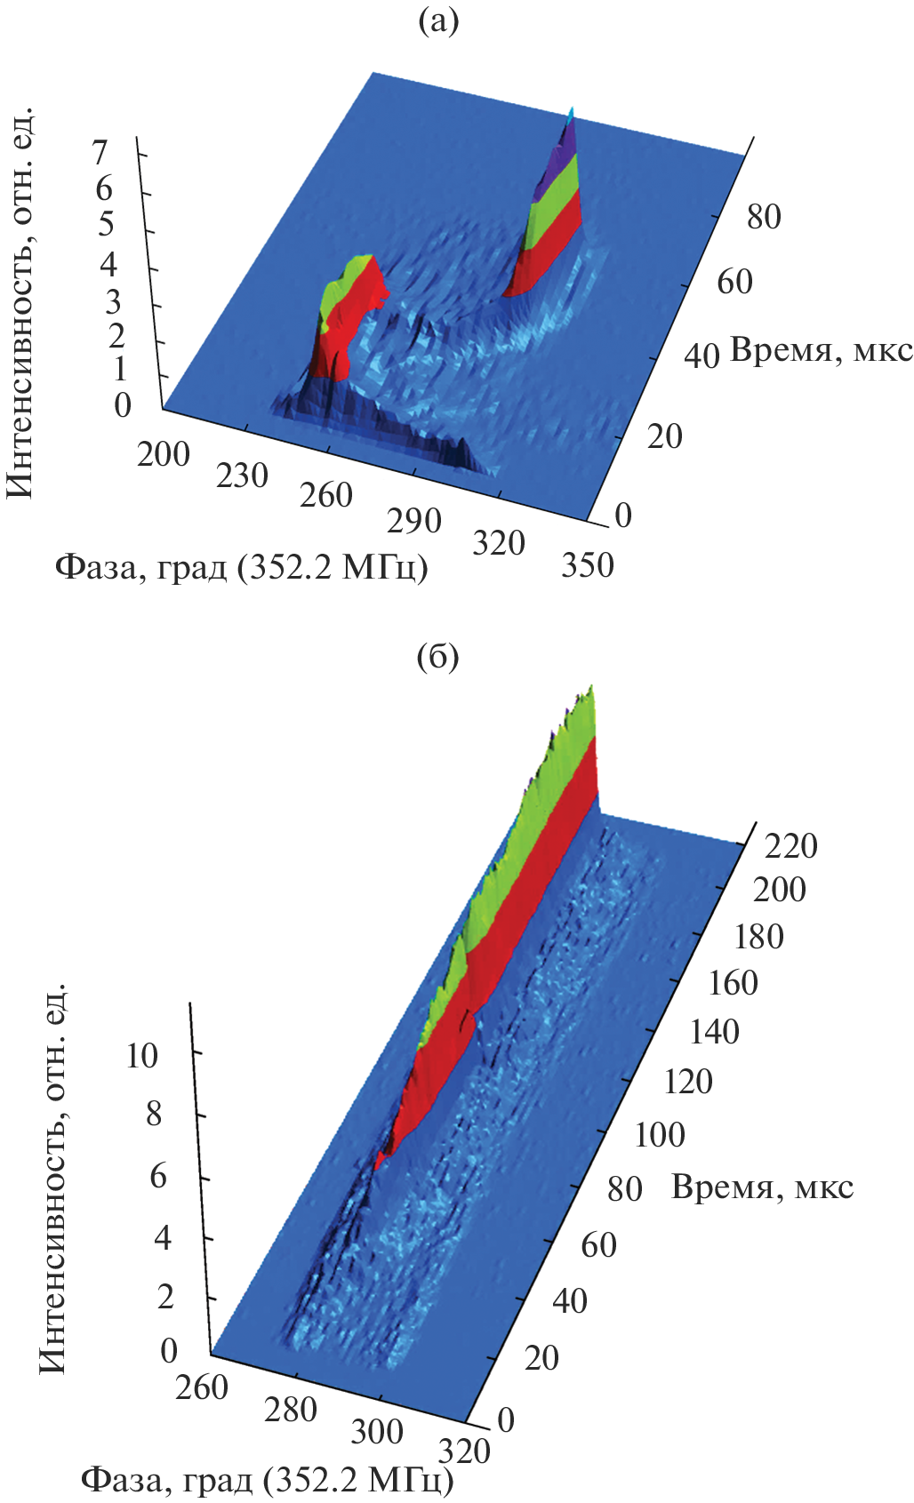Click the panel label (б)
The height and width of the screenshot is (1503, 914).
pyautogui.click(x=438, y=658)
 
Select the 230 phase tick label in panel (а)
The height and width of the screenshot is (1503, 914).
pyautogui.click(x=242, y=476)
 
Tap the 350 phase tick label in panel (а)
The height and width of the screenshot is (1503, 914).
pyautogui.click(x=587, y=565)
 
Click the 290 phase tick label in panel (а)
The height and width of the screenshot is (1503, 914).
pyautogui.click(x=414, y=521)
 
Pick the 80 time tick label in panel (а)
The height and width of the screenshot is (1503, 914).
pyautogui.click(x=763, y=216)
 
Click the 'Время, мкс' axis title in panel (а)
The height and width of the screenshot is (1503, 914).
pyautogui.click(x=821, y=351)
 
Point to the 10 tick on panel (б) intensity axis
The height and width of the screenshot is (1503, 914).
pyautogui.click(x=141, y=1056)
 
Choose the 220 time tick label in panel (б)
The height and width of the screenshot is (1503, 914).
pyautogui.click(x=791, y=846)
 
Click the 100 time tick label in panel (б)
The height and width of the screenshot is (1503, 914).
pyautogui.click(x=660, y=1135)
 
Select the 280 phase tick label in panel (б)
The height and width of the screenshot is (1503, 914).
pyautogui.click(x=290, y=1410)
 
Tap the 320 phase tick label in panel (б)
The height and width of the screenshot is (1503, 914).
pyautogui.click(x=464, y=1451)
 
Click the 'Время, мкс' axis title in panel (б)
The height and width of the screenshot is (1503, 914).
pyautogui.click(x=762, y=1187)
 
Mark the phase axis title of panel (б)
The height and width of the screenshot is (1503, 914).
pyautogui.click(x=267, y=1481)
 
